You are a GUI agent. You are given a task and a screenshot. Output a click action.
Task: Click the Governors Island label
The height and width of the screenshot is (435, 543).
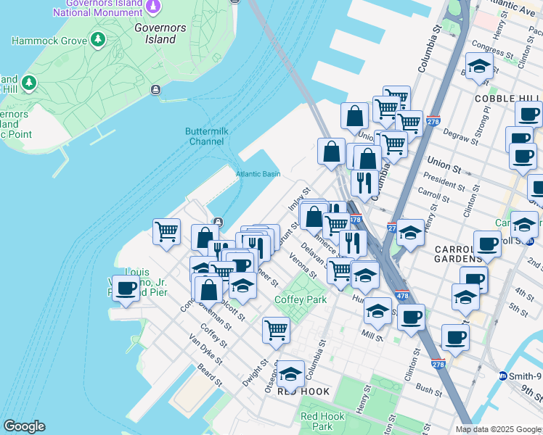tap(155, 33)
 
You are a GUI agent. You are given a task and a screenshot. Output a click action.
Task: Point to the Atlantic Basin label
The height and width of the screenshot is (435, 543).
tap(258, 174)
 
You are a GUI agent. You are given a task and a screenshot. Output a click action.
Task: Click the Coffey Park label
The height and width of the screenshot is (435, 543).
tap(301, 299)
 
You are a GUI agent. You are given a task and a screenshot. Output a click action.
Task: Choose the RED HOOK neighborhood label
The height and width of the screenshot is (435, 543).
tap(303, 391)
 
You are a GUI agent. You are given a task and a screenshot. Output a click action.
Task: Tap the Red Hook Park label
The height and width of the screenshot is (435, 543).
tap(322, 421)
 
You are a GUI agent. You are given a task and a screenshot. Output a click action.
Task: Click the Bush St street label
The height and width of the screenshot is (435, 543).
tap(429, 391)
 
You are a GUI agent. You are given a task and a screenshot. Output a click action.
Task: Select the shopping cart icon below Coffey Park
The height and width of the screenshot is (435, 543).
tap(277, 331)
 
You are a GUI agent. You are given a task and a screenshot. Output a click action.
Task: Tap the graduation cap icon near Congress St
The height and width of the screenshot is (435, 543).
tap(479, 67)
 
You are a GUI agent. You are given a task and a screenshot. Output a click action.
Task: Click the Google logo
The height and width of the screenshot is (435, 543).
tap(24, 426)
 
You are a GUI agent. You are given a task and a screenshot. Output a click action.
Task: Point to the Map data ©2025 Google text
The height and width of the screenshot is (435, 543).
tap(497, 429)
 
